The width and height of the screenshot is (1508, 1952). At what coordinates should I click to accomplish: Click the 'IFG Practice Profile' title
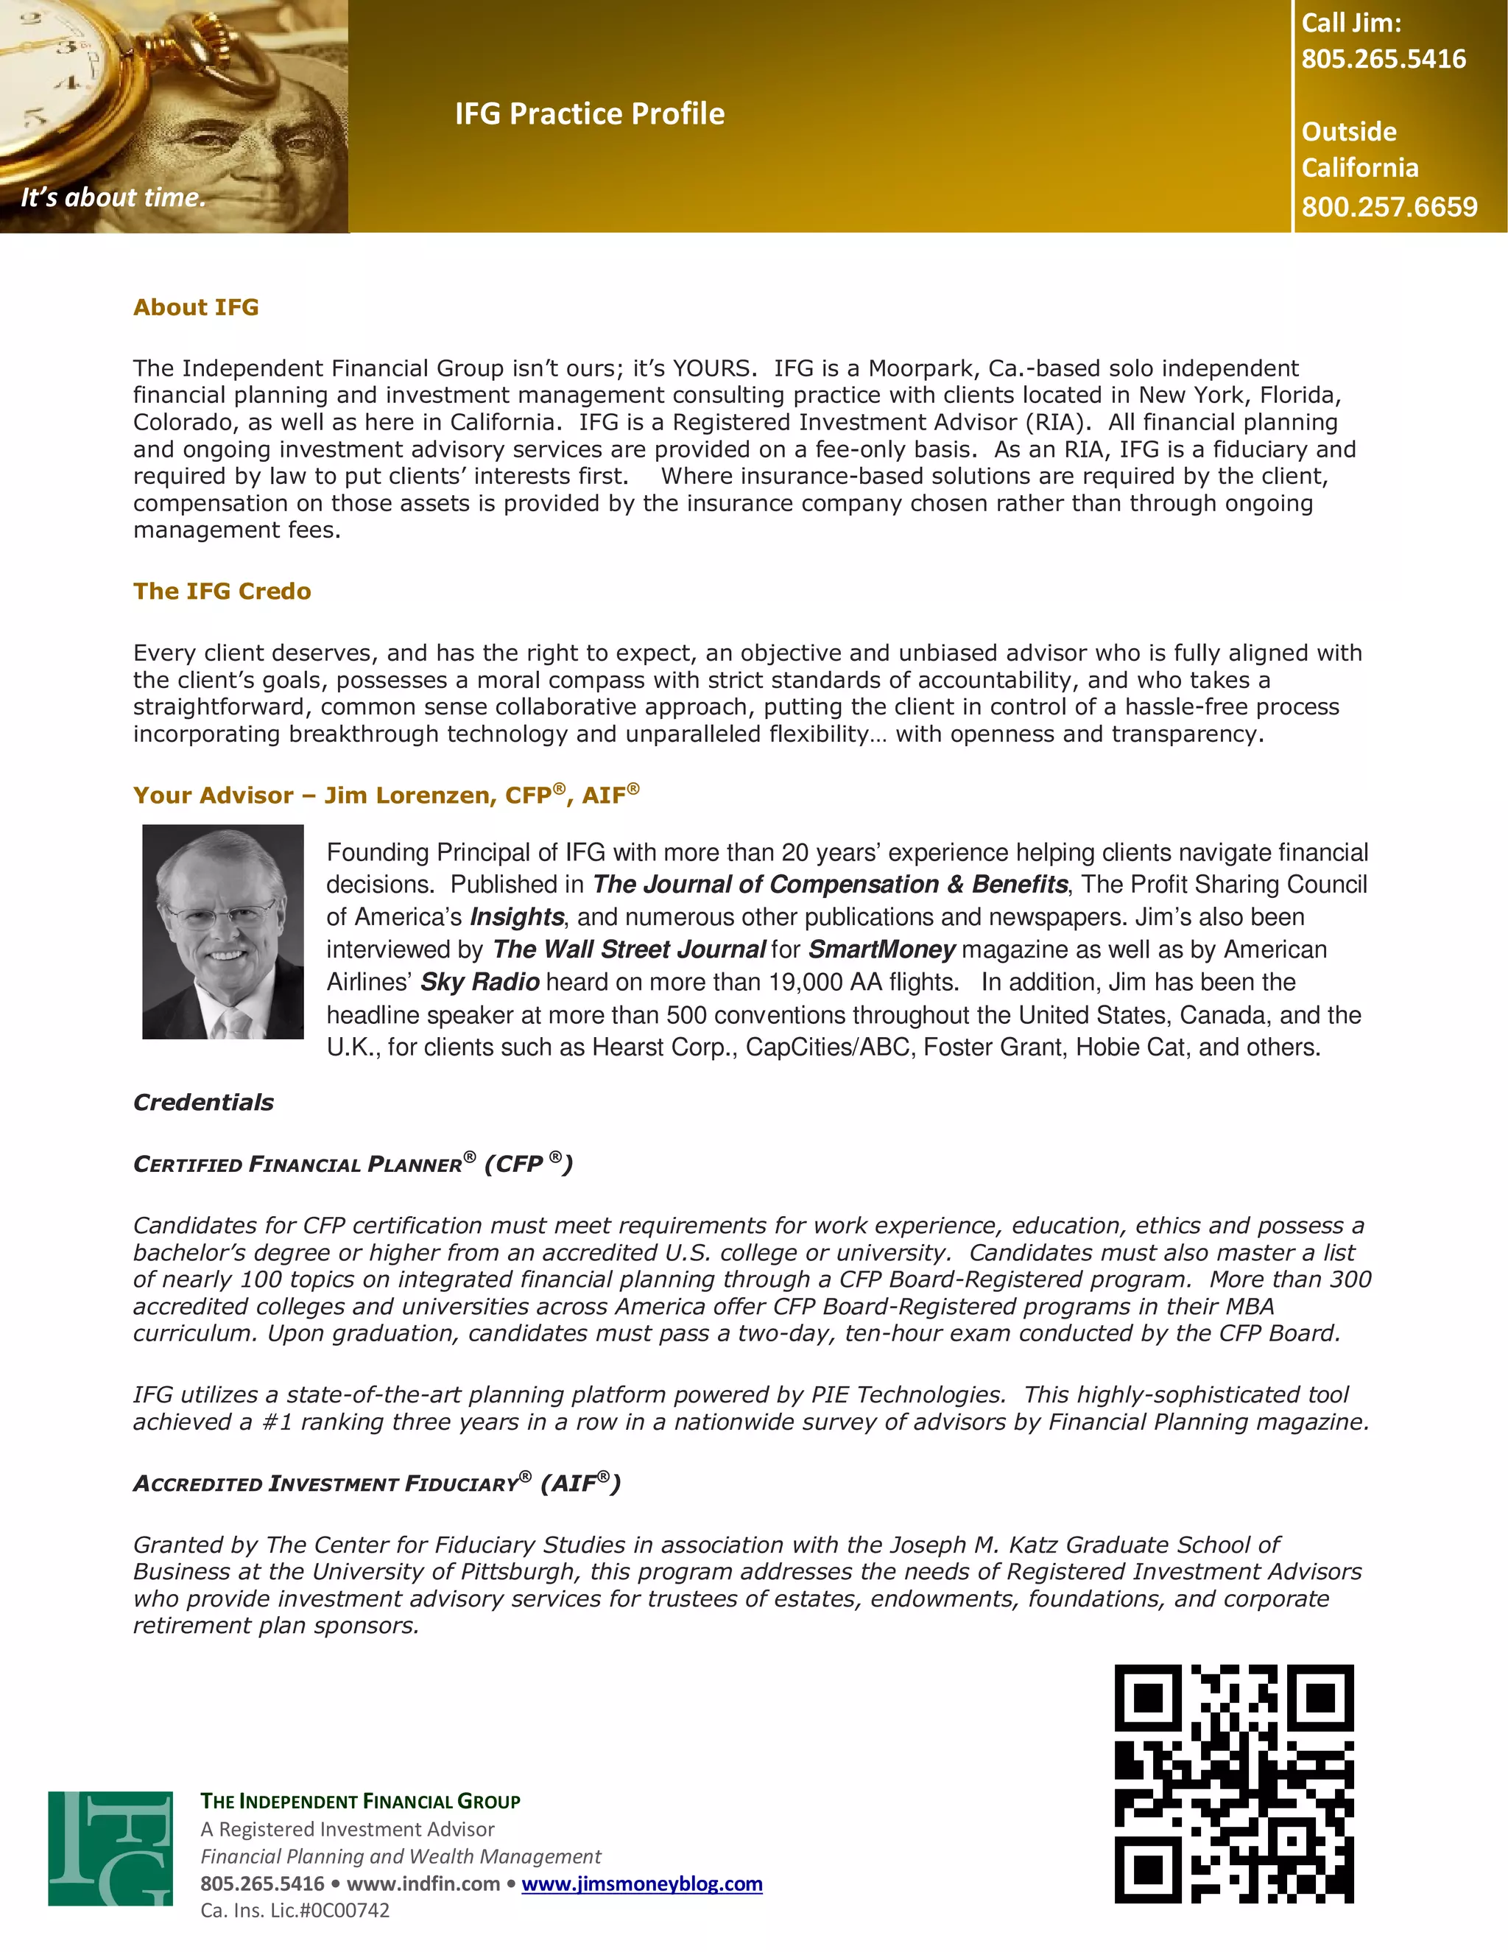590,113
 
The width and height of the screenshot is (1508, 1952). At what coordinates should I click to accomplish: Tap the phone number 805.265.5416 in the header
1383,59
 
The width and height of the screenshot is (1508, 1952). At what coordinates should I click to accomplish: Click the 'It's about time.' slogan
113,197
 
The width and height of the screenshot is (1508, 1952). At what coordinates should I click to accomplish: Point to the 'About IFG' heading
196,307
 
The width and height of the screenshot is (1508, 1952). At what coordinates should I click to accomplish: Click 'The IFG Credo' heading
222,591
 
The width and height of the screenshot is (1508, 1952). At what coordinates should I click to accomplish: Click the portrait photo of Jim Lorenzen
222,931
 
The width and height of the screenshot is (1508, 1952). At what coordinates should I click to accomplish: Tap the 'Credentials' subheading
204,1102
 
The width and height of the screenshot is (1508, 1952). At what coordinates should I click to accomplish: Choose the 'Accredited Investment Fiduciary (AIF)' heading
376,1483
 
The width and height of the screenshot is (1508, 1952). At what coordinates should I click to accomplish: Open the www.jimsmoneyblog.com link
641,1883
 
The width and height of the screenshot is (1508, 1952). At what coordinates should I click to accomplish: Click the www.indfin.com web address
423,1883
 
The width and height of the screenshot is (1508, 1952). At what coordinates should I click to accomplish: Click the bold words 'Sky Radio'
480,981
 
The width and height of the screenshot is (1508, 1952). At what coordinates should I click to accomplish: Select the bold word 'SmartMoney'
881,949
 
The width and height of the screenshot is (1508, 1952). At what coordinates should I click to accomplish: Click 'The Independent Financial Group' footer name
360,1801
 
